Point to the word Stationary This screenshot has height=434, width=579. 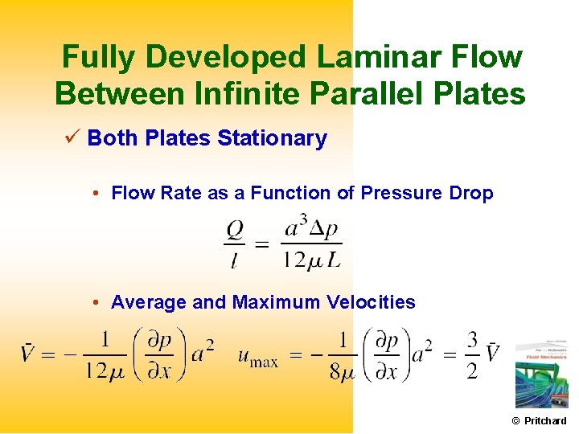[x=272, y=138]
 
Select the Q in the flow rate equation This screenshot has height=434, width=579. [x=235, y=229]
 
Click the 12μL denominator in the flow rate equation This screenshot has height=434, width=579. [x=312, y=259]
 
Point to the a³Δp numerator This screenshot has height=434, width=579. [x=312, y=227]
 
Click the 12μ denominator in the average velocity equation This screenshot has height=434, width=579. [x=105, y=371]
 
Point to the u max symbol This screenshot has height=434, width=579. [x=257, y=355]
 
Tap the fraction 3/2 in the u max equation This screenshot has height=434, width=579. [x=471, y=354]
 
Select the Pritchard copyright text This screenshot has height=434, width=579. [x=540, y=420]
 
